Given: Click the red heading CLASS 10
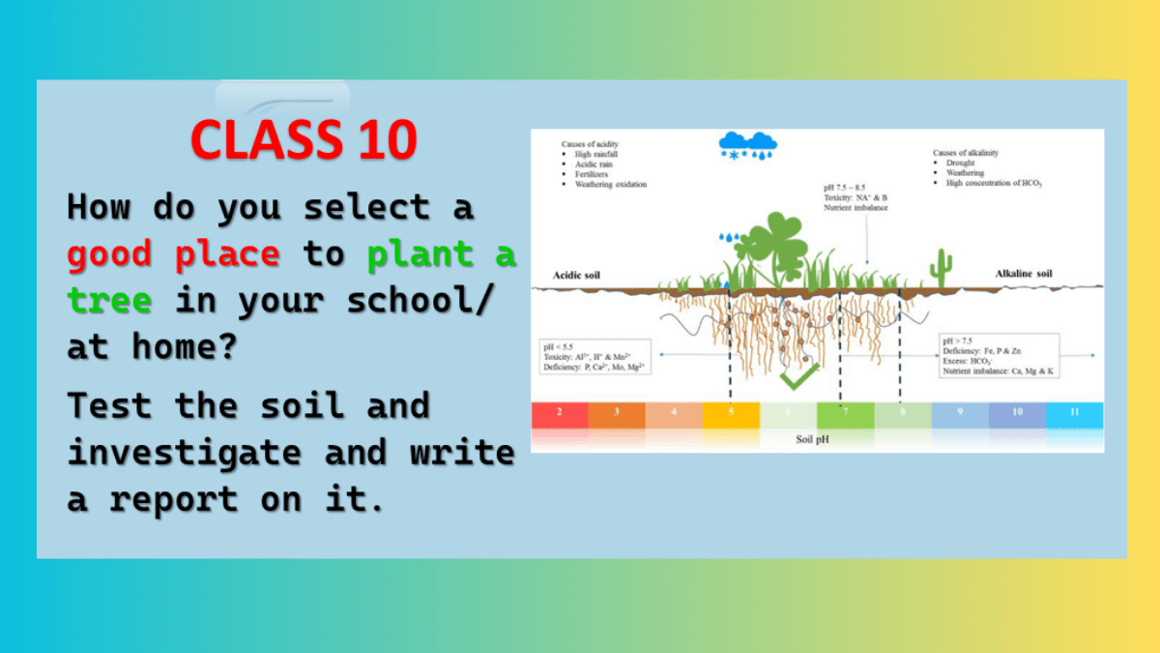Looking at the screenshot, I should click(x=304, y=139).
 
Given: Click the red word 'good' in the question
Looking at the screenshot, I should click(x=109, y=255).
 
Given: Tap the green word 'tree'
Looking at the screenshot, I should click(x=109, y=301).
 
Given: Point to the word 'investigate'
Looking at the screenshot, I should click(x=185, y=453).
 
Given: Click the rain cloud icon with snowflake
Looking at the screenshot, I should click(x=747, y=146).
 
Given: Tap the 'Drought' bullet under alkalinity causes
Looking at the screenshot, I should click(x=960, y=163).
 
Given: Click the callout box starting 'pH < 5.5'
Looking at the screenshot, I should click(x=595, y=357).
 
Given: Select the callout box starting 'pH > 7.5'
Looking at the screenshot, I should click(x=998, y=355).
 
